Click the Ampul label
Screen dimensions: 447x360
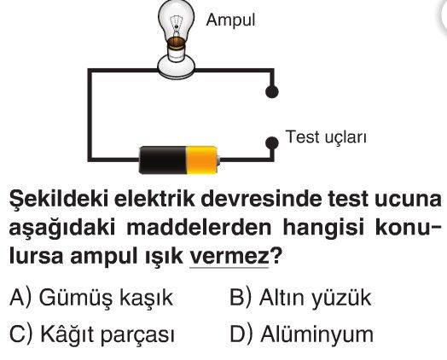(230, 20)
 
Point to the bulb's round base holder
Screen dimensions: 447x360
(177, 67)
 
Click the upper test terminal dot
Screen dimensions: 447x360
(271, 91)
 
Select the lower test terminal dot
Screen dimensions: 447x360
(271, 143)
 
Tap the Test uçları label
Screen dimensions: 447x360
(326, 137)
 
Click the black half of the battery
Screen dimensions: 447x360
(162, 160)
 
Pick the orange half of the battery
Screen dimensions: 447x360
(201, 160)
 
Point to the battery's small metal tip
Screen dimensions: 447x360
(218, 160)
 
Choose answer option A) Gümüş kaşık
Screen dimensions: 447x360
(91, 299)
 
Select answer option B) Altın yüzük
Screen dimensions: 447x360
(300, 298)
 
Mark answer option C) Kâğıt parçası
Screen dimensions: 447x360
(91, 334)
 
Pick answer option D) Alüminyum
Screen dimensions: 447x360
(301, 334)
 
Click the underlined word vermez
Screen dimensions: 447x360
(229, 256)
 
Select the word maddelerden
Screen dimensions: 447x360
(199, 228)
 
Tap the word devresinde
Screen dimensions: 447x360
(264, 198)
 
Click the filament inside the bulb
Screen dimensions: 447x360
(177, 23)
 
